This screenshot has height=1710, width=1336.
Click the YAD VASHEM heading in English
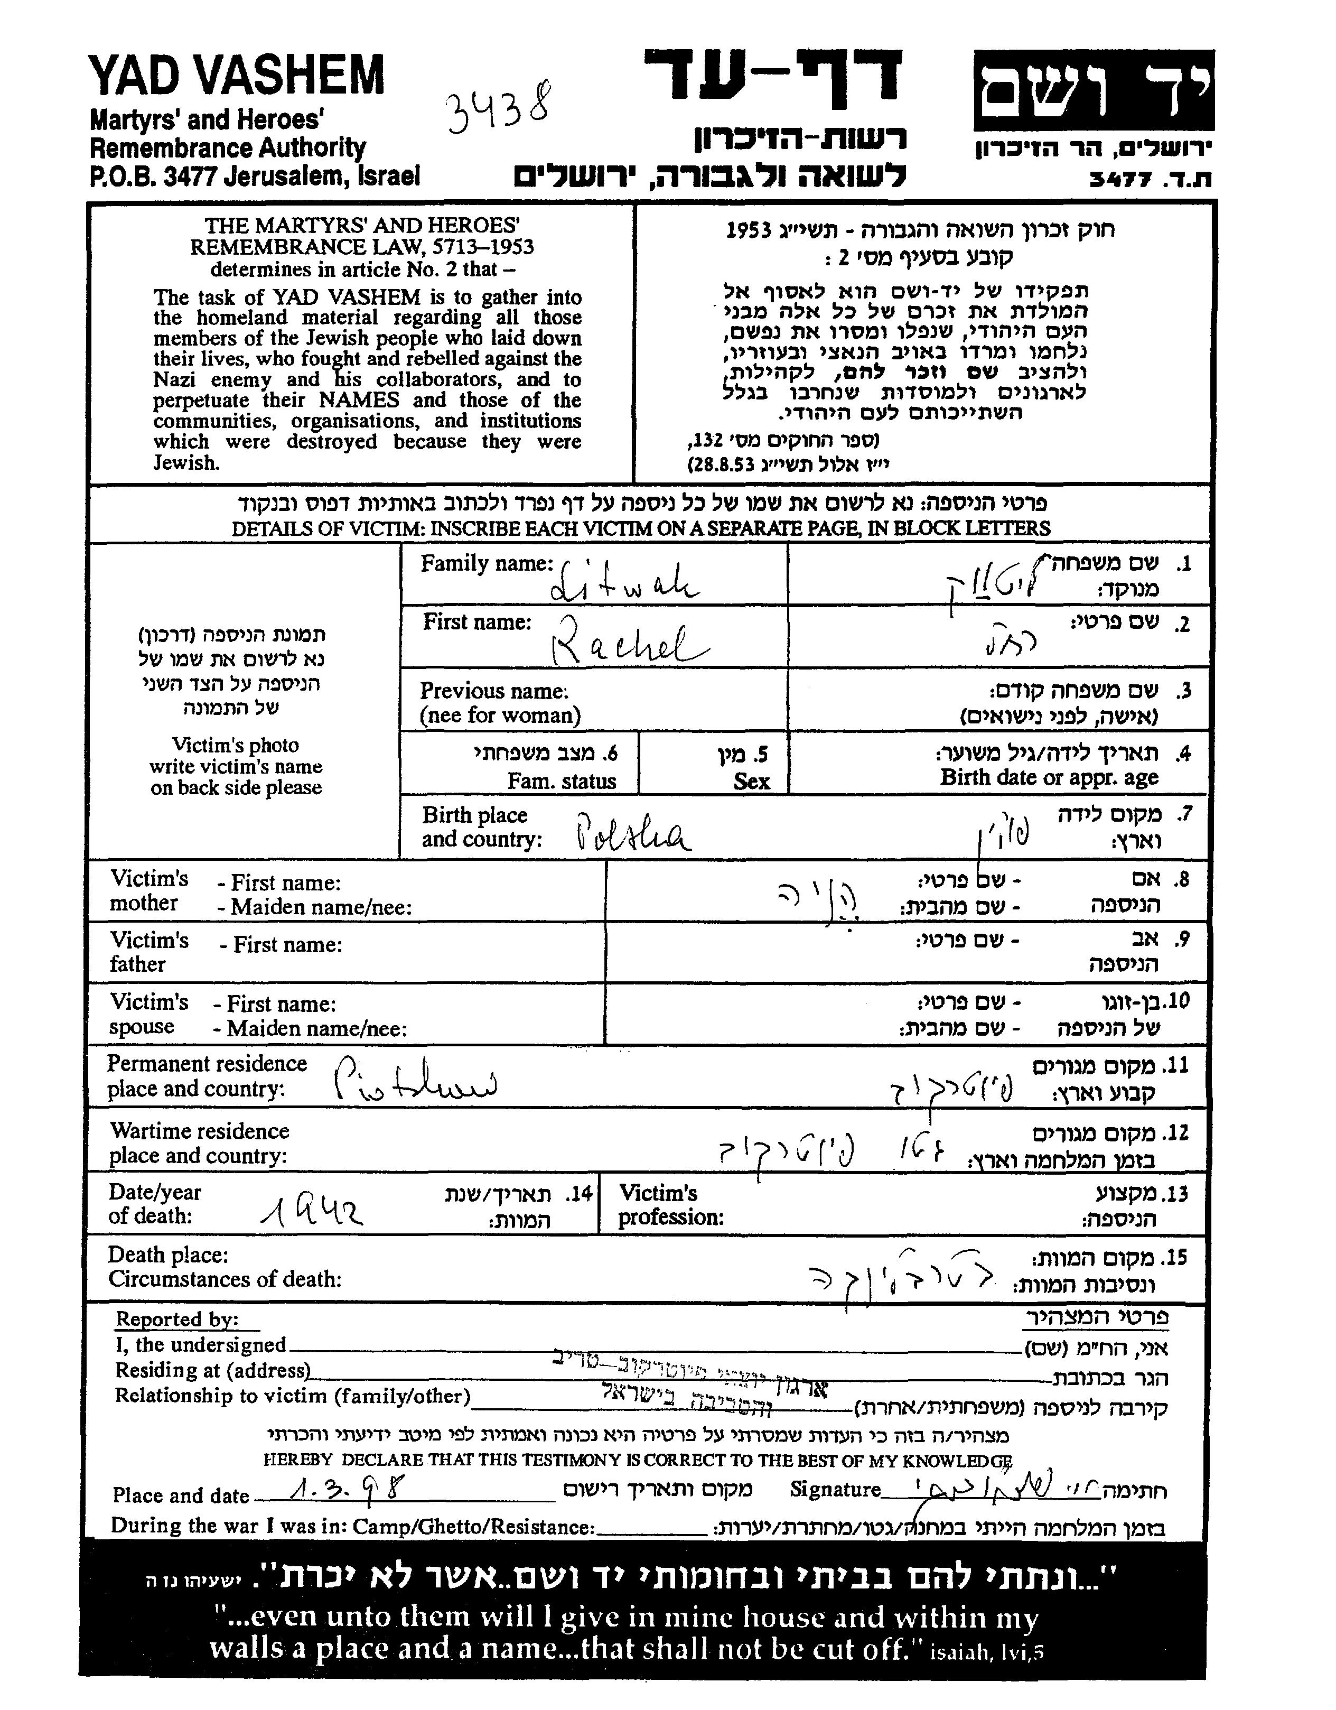click(x=237, y=76)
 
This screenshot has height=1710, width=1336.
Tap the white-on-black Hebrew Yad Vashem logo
click(x=1094, y=90)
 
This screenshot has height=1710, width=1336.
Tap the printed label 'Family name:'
click(x=486, y=564)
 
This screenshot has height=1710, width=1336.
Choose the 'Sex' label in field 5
click(x=751, y=782)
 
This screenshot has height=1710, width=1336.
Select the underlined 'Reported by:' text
click(x=177, y=1320)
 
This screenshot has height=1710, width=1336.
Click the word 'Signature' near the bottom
click(x=835, y=1490)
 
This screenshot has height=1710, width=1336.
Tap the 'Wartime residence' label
click(x=200, y=1131)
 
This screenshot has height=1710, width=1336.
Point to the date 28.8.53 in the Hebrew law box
click(x=721, y=465)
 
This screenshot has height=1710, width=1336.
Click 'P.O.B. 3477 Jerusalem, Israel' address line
click(x=255, y=176)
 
